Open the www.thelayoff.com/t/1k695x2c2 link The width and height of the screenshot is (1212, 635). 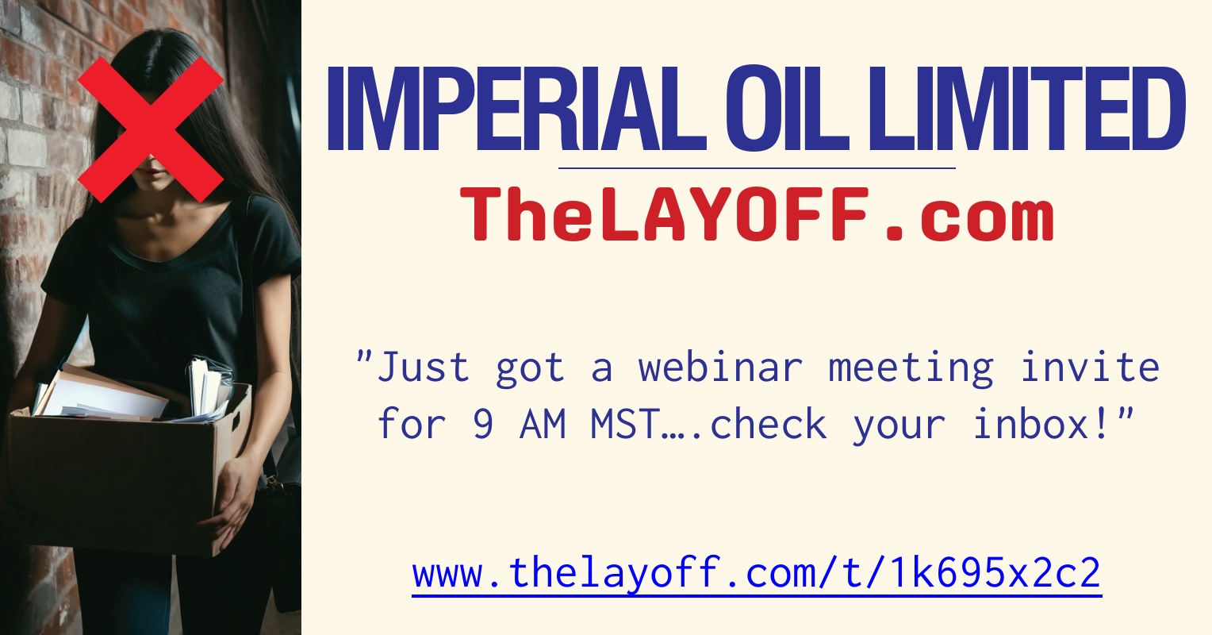pos(757,572)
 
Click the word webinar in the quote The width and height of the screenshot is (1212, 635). pos(721,368)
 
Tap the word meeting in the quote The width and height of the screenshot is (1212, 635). pos(911,368)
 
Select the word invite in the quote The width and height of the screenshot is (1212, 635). pos(1090,368)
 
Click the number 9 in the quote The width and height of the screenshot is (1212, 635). pos(483,425)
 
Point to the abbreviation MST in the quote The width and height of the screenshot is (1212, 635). pos(625,425)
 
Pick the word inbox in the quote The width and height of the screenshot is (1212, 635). pos(1041,425)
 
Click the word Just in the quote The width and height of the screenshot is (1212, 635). pos(424,368)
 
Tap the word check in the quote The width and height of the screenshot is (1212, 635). pos(768,425)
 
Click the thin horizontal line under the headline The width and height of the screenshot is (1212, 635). pos(757,168)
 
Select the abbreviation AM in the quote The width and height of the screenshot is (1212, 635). pos(543,425)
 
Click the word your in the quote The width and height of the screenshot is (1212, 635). pos(899,425)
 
